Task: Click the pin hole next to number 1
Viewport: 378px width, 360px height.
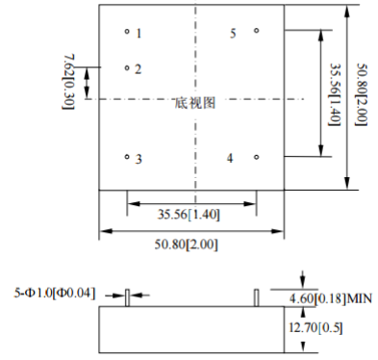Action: point(127,32)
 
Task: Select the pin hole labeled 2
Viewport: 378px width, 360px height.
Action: point(127,68)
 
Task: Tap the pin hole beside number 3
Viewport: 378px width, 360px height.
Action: point(127,157)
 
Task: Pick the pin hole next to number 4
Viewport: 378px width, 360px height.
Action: point(256,157)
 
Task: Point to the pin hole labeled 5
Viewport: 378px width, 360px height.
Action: point(256,31)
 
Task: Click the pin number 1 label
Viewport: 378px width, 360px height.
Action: point(139,34)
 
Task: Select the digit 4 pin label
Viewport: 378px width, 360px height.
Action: point(230,158)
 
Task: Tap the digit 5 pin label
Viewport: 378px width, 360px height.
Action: point(233,34)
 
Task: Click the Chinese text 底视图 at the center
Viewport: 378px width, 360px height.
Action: point(195,103)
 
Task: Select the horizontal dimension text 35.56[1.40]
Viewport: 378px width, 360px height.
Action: point(189,215)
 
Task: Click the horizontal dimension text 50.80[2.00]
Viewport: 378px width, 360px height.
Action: point(187,244)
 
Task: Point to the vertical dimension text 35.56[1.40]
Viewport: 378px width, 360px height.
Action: point(335,94)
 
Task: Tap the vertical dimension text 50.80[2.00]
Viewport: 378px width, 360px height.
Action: point(363,94)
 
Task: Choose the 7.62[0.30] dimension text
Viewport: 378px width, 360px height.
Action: point(68,82)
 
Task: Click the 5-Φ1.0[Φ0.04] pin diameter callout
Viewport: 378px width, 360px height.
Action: point(55,293)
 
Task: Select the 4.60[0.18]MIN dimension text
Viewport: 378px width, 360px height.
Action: point(331,298)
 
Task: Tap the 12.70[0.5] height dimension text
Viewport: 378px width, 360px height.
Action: point(315,328)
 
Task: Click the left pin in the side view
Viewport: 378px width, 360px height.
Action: point(127,297)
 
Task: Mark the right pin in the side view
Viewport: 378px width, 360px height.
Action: point(256,297)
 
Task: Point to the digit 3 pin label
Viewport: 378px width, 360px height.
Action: point(139,159)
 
